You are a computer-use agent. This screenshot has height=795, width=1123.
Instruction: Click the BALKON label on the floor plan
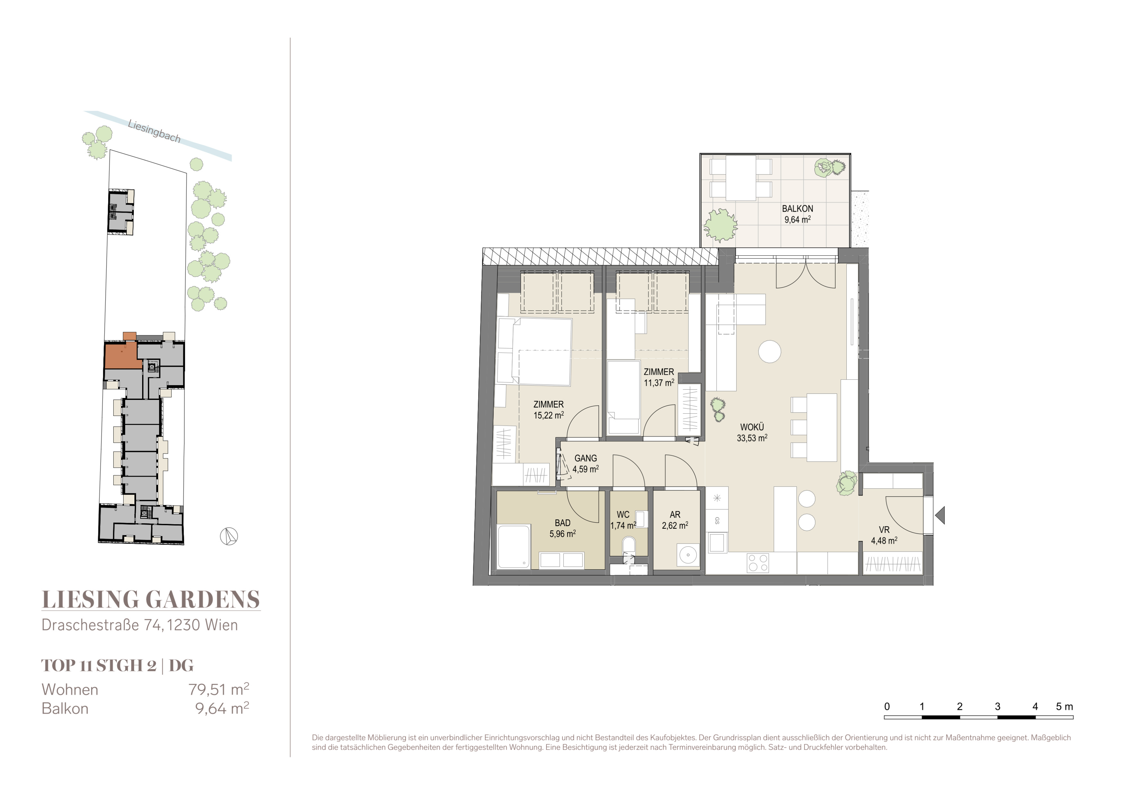coord(797,208)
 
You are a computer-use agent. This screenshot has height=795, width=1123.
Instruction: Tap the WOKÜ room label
coord(752,427)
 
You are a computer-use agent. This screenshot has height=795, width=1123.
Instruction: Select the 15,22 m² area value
coord(548,415)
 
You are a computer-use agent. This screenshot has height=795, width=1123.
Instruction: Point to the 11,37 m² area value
coord(659,383)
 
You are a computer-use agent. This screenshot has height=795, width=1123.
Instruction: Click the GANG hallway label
coord(586,458)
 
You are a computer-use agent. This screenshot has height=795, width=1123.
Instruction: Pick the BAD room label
coord(562,523)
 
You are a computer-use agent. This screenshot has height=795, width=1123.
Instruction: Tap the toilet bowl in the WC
coord(629,545)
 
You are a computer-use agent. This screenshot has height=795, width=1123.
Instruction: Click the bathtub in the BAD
coord(514,546)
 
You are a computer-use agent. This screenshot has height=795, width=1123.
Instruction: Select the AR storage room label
coord(675,515)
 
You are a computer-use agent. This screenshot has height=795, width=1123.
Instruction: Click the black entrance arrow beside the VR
coord(940,516)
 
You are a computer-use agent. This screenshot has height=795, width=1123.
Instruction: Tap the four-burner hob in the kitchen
coord(758,562)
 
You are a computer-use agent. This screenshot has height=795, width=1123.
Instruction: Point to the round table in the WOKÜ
coord(769,351)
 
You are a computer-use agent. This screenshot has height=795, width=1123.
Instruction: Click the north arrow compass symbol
coord(228,536)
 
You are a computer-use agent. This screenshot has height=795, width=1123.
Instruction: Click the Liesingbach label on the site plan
coord(154,131)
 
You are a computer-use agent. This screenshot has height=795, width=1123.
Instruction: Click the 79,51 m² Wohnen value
coord(219,689)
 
